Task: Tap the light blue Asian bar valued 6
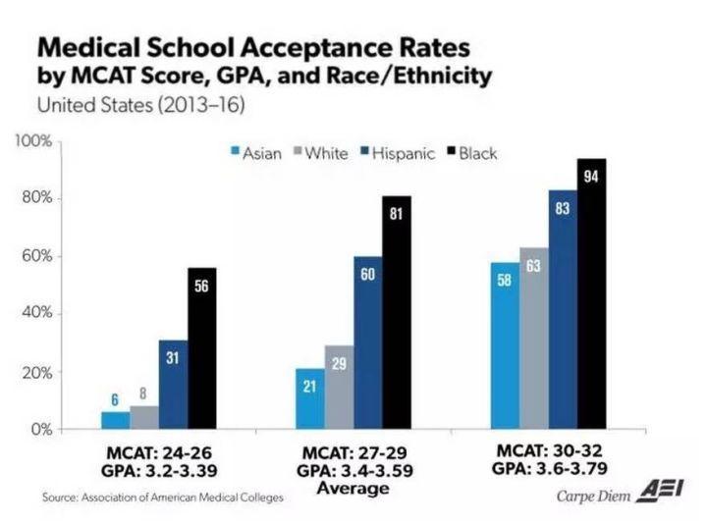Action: click(115, 420)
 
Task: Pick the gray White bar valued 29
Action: click(340, 388)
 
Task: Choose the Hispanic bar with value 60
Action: click(368, 342)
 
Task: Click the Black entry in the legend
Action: click(471, 153)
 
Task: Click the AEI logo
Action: click(660, 493)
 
